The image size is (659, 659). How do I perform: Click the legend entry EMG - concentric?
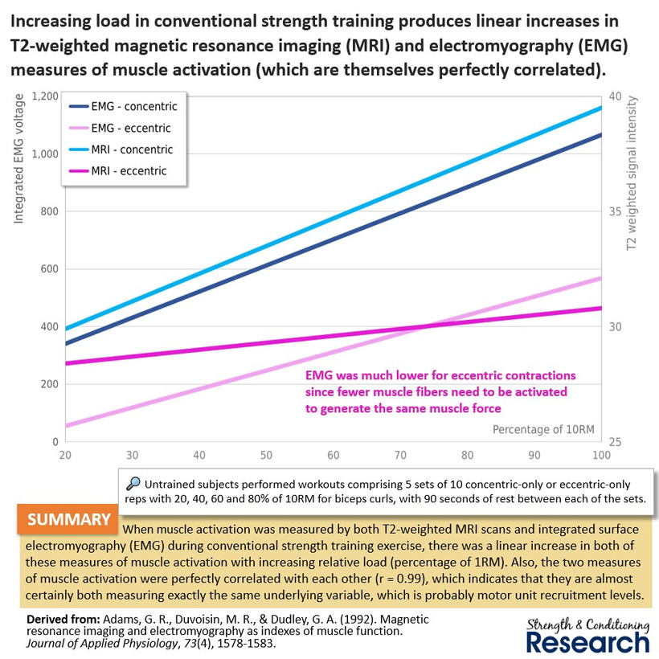pyautogui.click(x=123, y=106)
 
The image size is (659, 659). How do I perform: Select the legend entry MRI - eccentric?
pyautogui.click(x=117, y=171)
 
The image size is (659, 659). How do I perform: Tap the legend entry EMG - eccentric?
pyautogui.click(x=120, y=128)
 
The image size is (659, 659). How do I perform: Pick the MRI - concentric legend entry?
pyautogui.click(x=121, y=149)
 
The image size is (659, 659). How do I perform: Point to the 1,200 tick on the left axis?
pyautogui.click(x=45, y=96)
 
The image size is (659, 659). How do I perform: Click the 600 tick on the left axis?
pyautogui.click(x=50, y=269)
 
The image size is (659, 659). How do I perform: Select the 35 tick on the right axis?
pyautogui.click(x=616, y=211)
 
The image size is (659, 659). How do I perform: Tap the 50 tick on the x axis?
pyautogui.click(x=266, y=455)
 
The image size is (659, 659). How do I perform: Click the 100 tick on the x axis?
pyautogui.click(x=601, y=455)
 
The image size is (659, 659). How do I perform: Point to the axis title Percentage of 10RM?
pyautogui.click(x=543, y=429)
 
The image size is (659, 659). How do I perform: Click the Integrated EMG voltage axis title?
pyautogui.click(x=18, y=158)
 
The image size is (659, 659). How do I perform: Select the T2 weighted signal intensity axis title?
pyautogui.click(x=632, y=173)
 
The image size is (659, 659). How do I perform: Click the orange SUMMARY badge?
pyautogui.click(x=68, y=519)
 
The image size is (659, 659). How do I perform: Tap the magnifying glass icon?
pyautogui.click(x=133, y=484)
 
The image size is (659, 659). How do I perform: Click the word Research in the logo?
pyautogui.click(x=587, y=643)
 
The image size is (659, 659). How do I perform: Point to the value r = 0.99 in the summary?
pyautogui.click(x=402, y=579)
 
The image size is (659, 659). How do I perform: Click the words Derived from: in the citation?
pyautogui.click(x=63, y=619)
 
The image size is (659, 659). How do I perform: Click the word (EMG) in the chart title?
pyautogui.click(x=601, y=45)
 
